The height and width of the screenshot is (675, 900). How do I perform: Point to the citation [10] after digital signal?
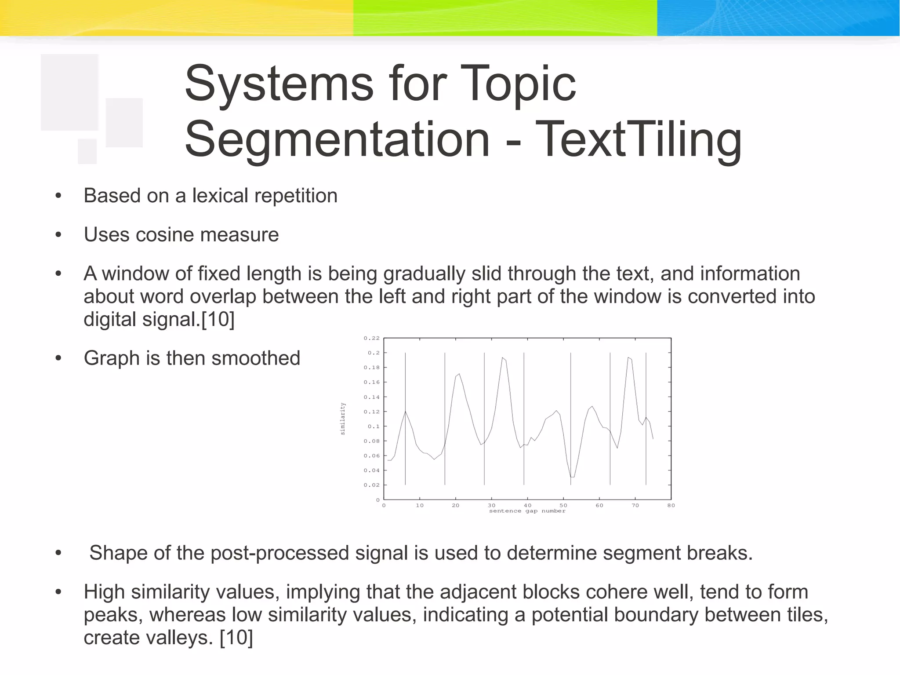coord(218,320)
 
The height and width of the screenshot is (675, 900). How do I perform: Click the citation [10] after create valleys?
coord(236,638)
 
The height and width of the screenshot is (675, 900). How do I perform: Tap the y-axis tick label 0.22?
coord(371,338)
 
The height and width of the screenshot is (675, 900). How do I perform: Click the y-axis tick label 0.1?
coord(374,427)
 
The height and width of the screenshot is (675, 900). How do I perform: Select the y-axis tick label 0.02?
coord(371,485)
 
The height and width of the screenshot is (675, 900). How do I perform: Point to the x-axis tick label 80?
coord(671,506)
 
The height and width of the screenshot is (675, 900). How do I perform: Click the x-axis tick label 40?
coord(527,506)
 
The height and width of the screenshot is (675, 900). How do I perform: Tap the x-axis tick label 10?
coord(420,506)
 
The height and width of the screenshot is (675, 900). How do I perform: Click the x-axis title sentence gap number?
coord(527,511)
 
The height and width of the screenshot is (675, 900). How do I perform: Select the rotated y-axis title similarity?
coord(343,419)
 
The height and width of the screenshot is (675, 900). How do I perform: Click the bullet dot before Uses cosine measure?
coord(58,235)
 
